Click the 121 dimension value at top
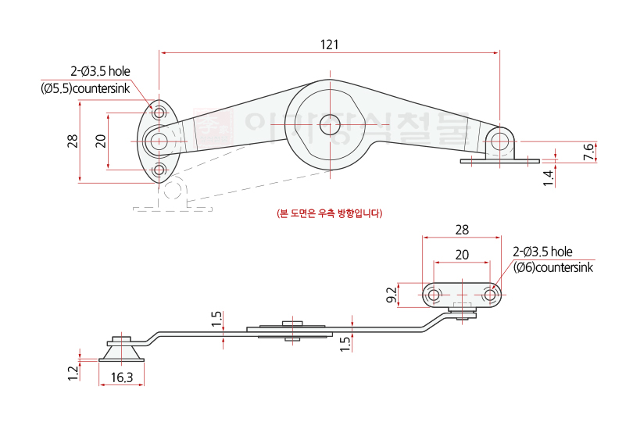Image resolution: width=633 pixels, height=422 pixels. [329, 45]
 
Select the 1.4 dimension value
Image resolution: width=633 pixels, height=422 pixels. [549, 177]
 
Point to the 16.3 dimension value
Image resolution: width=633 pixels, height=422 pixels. [122, 377]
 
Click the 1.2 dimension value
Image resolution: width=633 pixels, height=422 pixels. [73, 371]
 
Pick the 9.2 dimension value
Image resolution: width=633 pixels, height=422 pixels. [392, 295]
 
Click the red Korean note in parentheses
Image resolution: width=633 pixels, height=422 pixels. [330, 213]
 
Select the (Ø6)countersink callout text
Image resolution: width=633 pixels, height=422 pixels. [553, 267]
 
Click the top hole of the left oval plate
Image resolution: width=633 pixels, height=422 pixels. [160, 113]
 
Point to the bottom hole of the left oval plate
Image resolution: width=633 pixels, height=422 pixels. [160, 170]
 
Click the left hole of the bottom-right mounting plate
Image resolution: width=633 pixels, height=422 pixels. [434, 295]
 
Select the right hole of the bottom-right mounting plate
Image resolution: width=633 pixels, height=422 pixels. [490, 295]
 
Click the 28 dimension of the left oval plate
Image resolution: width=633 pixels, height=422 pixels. [72, 141]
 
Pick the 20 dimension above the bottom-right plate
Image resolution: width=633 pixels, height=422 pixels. [462, 254]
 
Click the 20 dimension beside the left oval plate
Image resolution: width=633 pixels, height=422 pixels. [100, 141]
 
